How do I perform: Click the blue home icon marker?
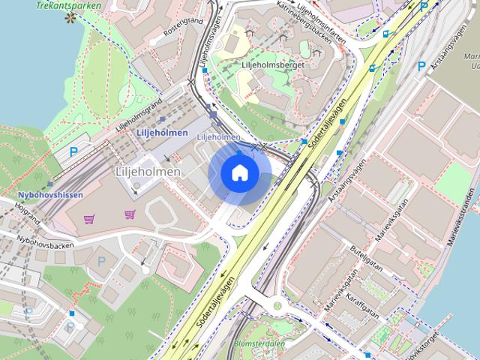click(x=239, y=174)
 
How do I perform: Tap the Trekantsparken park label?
click(x=68, y=4)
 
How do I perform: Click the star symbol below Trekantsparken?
click(x=71, y=17)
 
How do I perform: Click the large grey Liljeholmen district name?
click(x=148, y=172)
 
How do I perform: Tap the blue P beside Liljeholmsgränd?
click(x=73, y=151)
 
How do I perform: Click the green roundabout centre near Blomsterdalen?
click(x=278, y=306)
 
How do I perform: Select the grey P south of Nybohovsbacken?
click(x=101, y=261)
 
